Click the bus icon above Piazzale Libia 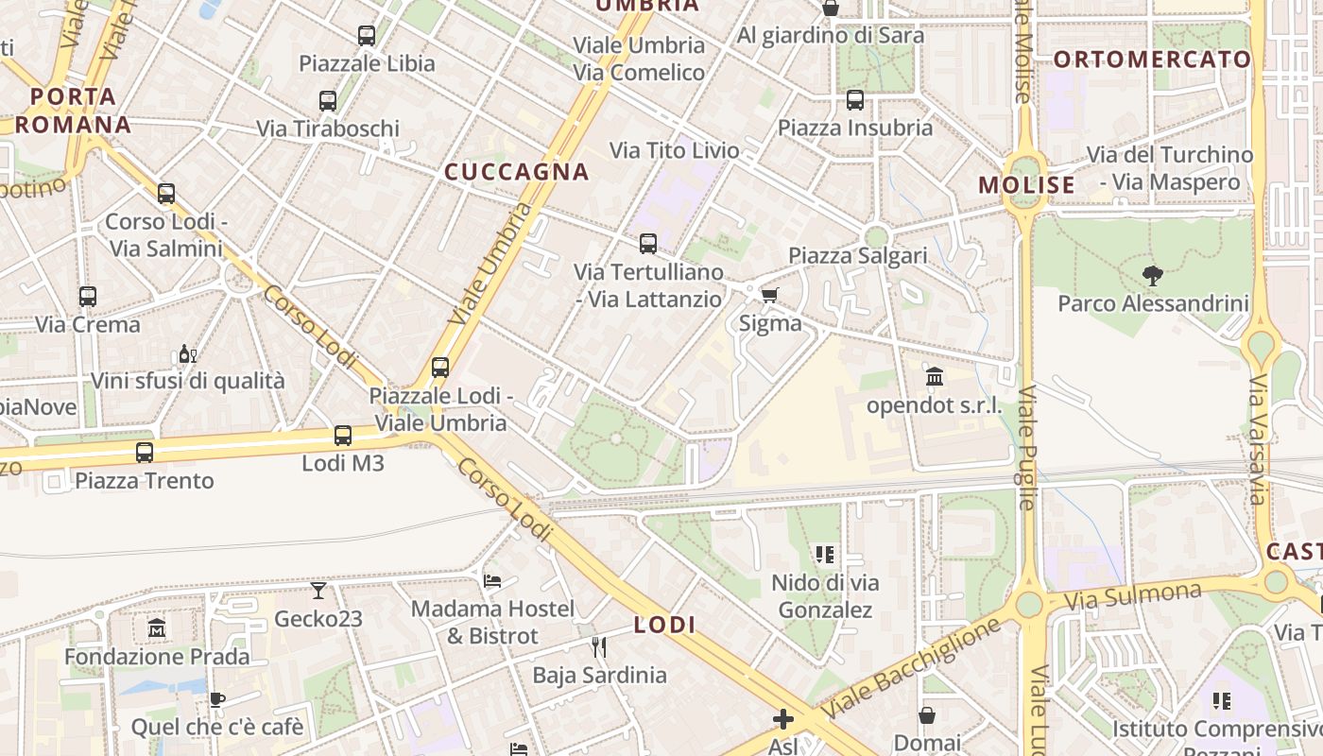367,36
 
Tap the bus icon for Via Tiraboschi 328,100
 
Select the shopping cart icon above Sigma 770,296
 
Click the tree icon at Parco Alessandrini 1152,276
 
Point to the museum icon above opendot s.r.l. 935,377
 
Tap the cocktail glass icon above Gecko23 318,591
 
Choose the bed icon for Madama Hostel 492,580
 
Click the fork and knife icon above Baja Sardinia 598,647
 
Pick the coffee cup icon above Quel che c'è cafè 217,699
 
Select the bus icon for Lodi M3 343,436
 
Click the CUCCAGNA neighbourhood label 517,172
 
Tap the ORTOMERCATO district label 1152,60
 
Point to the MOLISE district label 1027,185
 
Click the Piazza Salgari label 858,255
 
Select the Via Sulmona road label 1132,596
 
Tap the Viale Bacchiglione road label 911,668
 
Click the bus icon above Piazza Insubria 855,100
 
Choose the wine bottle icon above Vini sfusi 187,354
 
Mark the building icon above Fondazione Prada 157,627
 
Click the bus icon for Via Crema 88,297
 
